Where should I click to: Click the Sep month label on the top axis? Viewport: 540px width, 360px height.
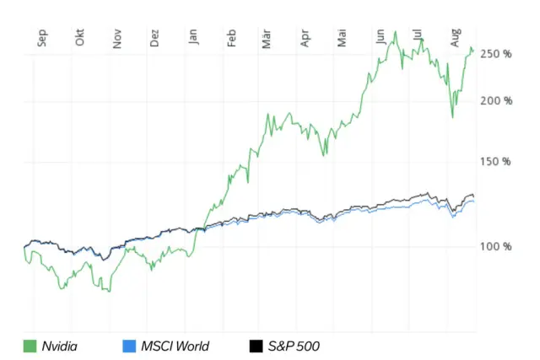(x=43, y=38)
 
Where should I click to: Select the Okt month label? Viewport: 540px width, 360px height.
(x=80, y=38)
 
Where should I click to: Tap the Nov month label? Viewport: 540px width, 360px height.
(x=117, y=38)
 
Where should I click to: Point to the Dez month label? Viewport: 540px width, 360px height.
(x=154, y=38)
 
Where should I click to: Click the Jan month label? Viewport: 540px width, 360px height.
(x=193, y=38)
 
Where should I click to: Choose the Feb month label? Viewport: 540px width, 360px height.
(x=231, y=38)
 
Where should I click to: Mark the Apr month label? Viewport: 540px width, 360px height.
(x=305, y=38)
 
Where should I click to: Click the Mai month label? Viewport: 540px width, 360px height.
(x=342, y=38)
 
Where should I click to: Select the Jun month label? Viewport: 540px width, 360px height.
(x=381, y=36)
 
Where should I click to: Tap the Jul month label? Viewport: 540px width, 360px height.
(x=417, y=36)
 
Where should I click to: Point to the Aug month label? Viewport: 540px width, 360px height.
(x=455, y=38)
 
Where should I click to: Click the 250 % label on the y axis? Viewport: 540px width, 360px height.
(x=496, y=54)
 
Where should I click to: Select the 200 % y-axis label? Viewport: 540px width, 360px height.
(x=496, y=101)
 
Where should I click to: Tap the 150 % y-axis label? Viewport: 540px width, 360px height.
(x=496, y=161)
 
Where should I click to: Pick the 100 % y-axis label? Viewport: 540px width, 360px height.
(x=496, y=246)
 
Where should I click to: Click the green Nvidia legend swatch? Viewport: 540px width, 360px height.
(x=30, y=346)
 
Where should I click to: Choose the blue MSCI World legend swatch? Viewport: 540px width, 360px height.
(x=129, y=346)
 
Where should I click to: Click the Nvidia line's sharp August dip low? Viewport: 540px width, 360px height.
(x=453, y=116)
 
